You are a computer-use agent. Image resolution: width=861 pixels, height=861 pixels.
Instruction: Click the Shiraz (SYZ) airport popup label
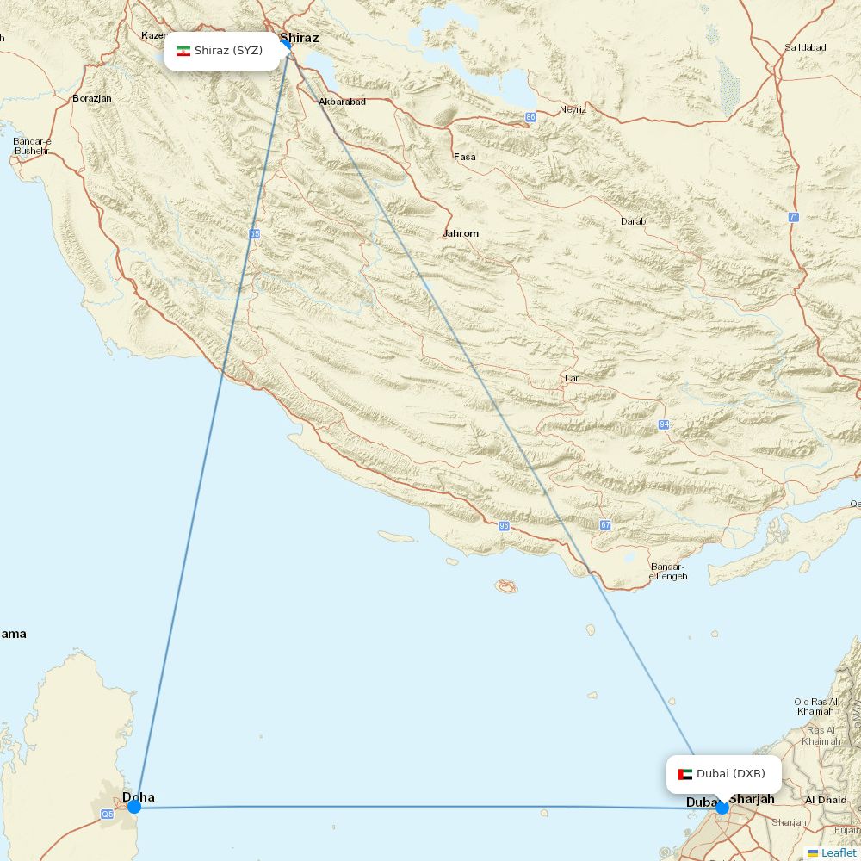222,51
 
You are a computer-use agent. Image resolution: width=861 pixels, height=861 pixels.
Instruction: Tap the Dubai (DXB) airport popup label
723,774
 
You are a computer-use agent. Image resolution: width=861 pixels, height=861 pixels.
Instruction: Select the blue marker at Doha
134,807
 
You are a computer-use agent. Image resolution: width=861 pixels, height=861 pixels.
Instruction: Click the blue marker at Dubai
722,807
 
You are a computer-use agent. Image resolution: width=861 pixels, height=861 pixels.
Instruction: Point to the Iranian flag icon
183,51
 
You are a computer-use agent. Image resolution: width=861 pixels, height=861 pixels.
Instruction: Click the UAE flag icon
685,774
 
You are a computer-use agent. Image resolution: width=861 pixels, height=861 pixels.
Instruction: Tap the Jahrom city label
461,233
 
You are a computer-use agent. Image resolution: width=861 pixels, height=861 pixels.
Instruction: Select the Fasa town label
465,157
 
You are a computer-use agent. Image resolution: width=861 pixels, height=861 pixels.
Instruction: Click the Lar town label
572,378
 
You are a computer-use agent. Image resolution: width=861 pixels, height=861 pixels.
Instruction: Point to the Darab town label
633,221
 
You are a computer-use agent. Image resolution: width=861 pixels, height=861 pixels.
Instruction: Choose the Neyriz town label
573,109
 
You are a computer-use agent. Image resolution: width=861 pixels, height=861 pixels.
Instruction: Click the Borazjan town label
92,98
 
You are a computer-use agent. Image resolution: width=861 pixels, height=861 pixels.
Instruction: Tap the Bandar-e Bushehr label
32,146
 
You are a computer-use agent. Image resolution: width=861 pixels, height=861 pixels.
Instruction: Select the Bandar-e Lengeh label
668,571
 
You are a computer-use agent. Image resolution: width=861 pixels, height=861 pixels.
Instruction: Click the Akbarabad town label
342,102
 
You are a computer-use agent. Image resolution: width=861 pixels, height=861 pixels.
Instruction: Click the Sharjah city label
752,799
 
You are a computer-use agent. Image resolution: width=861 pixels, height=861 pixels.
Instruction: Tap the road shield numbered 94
664,424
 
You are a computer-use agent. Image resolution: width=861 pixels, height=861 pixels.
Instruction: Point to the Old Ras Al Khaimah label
815,706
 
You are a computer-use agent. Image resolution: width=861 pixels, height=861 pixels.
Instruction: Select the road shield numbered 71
793,217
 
